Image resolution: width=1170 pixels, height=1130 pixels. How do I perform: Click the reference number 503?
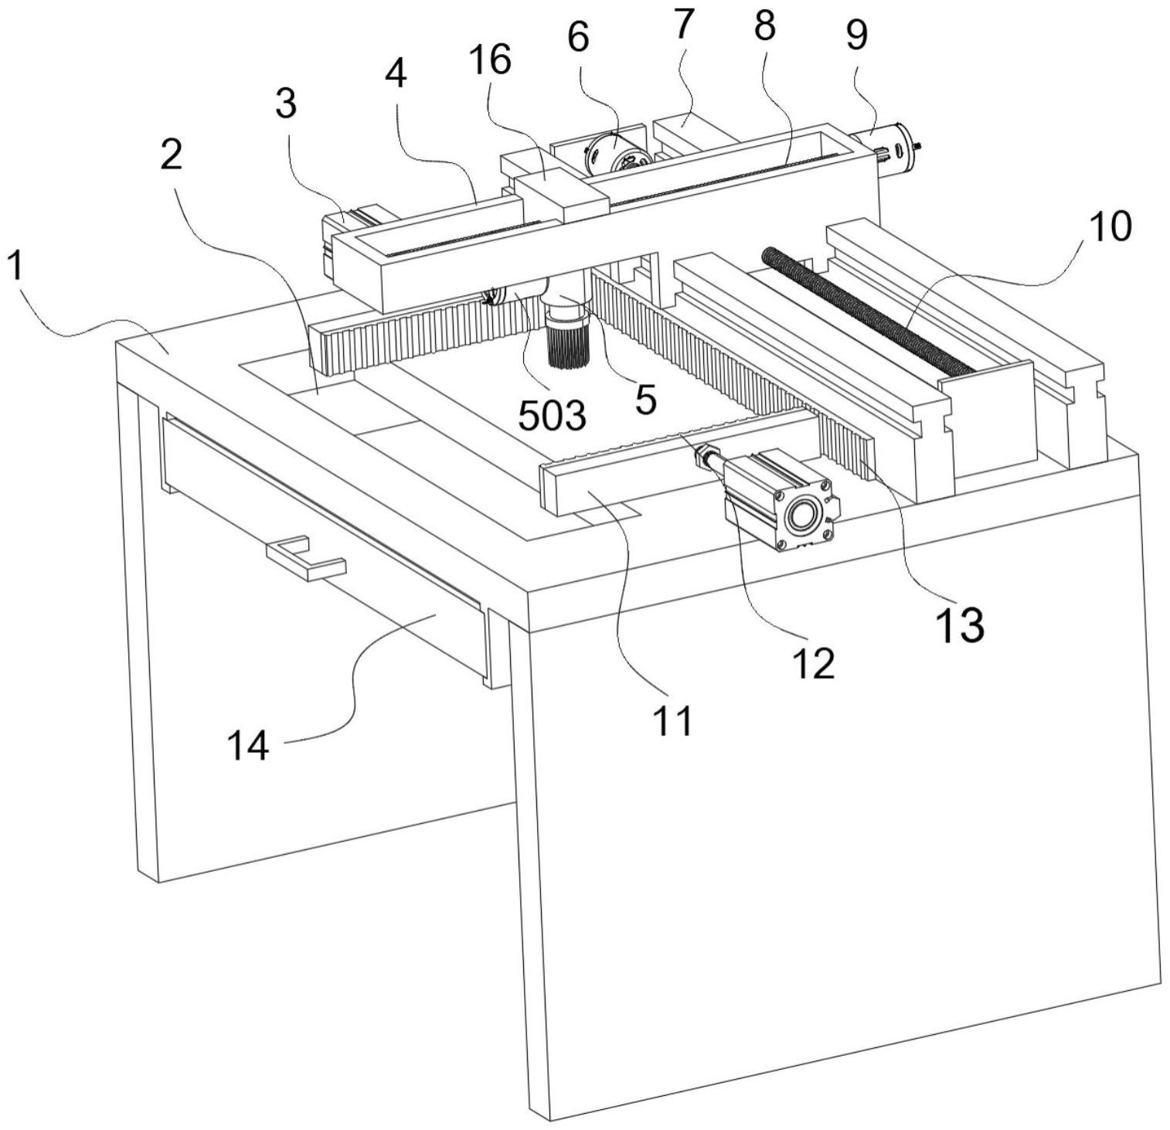click(552, 416)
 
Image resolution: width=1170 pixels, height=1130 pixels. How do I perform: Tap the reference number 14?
click(248, 746)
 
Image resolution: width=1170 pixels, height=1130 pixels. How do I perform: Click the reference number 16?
click(489, 60)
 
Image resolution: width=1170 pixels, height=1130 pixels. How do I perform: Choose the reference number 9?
click(856, 35)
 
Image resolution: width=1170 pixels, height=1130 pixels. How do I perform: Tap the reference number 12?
click(814, 662)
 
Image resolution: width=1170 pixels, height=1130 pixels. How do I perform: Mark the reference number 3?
click(286, 103)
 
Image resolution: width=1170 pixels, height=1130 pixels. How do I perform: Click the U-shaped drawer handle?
click(306, 558)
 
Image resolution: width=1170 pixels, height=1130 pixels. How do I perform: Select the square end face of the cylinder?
click(808, 513)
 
